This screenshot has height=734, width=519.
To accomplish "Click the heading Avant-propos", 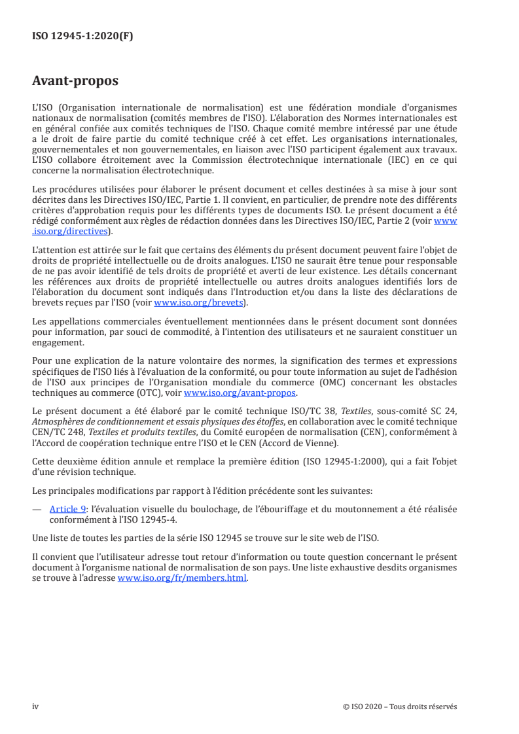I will tap(75, 82).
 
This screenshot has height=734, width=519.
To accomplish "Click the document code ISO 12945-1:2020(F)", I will tap(82, 37).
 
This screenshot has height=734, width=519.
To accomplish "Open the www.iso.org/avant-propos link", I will tap(240, 393).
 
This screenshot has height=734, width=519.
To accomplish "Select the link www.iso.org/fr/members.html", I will tap(183, 578).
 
